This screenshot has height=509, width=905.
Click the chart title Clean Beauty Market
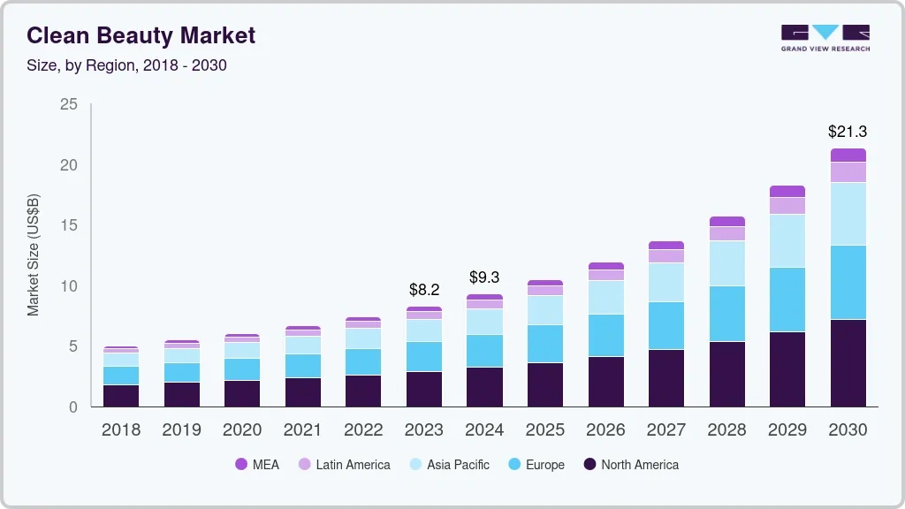[141, 35]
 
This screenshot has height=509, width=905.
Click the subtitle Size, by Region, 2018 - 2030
[127, 65]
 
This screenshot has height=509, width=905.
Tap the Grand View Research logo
[825, 37]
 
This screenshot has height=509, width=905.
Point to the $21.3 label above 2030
[847, 132]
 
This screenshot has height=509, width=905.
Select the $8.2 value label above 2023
[424, 289]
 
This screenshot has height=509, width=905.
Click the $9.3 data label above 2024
[484, 277]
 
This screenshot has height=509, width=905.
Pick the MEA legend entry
[257, 464]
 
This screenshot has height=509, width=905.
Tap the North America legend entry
[629, 464]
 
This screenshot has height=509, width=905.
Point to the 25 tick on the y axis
[68, 105]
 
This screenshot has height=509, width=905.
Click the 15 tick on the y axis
[68, 225]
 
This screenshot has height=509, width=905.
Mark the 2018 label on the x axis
[120, 429]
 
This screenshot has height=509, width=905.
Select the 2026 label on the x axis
[605, 429]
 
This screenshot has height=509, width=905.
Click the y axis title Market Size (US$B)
[34, 254]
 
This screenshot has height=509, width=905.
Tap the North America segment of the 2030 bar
[848, 362]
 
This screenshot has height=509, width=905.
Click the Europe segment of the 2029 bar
[787, 300]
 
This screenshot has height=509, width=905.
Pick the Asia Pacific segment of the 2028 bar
[726, 263]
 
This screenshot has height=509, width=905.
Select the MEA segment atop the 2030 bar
[848, 156]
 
